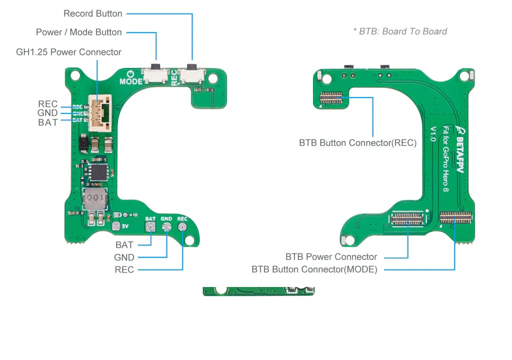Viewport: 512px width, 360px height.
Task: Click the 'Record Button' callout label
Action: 92,13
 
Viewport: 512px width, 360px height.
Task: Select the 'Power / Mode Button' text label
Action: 78,32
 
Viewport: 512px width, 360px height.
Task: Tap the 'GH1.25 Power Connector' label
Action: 68,52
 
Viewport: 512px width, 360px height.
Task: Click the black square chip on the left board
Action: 99,172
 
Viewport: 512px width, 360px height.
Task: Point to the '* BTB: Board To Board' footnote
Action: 400,31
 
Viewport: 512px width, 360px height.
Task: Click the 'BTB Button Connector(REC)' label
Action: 357,143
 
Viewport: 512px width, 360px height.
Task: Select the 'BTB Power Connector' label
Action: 331,257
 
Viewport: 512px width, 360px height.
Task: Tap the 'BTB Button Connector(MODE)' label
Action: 314,270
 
